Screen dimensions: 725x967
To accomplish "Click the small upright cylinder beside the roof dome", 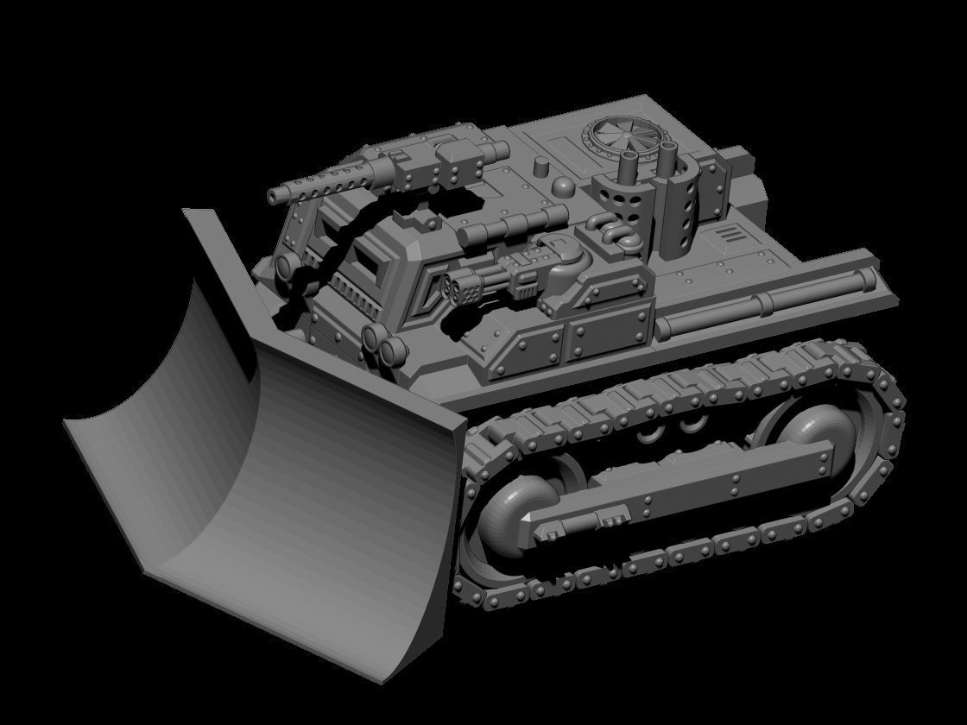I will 541,167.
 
